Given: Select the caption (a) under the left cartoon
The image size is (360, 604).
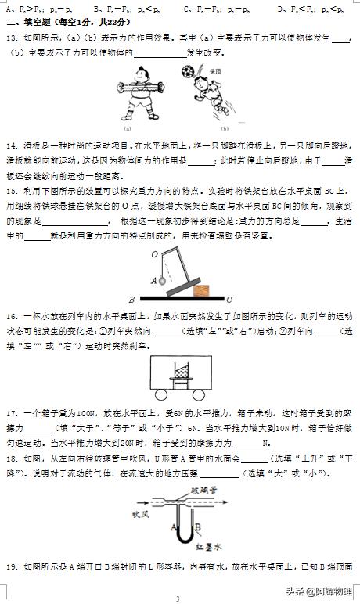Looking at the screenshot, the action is coord(127,128).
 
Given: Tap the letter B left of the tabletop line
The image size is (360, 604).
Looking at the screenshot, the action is coord(131,299).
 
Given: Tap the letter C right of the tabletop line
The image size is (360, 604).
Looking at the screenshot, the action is coord(229,299).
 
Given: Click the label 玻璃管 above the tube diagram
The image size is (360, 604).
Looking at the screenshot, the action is coord(206,489).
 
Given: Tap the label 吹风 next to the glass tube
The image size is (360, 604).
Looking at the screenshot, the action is coord(140,514).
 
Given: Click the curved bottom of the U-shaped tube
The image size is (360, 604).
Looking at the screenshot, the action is coord(181,539).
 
